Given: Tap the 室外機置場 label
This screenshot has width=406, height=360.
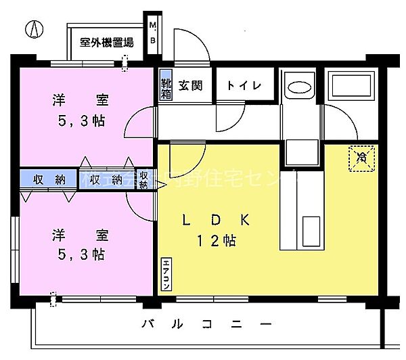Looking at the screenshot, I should coord(106,42).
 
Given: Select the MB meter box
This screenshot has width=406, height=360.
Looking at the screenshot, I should coord(152,33).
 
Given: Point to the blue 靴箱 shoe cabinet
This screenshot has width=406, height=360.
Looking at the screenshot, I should coord(166,89).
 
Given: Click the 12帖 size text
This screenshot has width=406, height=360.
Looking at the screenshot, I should coord(217,240).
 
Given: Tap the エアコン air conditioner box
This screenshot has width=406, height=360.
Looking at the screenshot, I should coord(165,275).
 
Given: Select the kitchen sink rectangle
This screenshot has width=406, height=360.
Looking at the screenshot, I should coord(313,230).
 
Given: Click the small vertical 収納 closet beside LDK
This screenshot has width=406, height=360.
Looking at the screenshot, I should coord(143,179).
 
